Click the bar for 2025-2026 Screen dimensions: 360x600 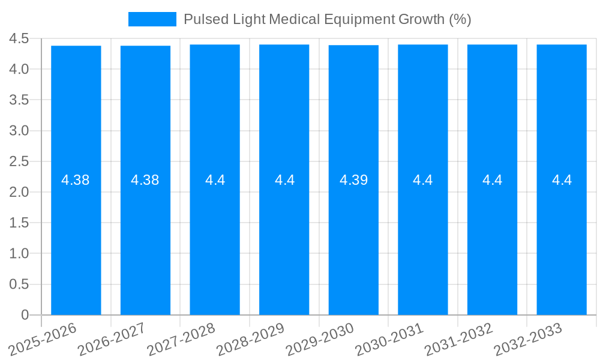coord(76,240)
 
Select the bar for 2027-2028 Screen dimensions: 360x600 coord(215,240)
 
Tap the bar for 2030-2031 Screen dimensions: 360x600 coord(423,240)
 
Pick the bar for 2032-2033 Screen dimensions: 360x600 coord(562,240)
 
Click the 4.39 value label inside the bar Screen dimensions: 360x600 coord(353,180)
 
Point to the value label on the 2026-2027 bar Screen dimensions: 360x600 coord(145,180)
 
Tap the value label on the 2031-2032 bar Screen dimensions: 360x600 coord(492,180)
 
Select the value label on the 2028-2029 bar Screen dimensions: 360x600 coord(284,180)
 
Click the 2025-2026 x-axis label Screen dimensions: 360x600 coord(43,338)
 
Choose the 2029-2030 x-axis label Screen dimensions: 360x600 coord(321,338)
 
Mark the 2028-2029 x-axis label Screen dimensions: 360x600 coord(251,338)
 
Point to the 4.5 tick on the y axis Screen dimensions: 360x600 coord(19,38)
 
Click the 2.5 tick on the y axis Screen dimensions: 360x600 coord(19,161)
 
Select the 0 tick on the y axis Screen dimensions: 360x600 coord(25,315)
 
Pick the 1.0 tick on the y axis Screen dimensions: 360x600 coord(19,254)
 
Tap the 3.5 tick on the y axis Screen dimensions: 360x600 coord(19,100)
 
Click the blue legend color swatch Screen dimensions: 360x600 coord(152,19)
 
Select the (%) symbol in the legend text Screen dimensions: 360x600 coord(460,19)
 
